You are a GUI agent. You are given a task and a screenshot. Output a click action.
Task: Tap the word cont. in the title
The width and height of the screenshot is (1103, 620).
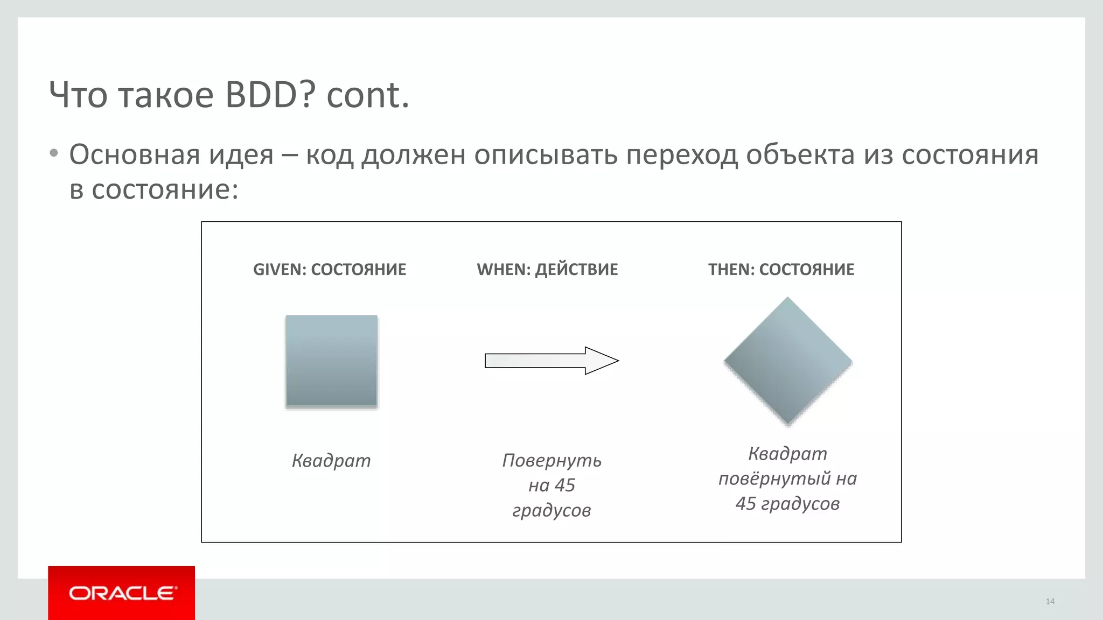coord(368,95)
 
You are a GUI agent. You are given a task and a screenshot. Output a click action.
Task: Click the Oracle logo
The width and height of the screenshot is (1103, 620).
coord(122,593)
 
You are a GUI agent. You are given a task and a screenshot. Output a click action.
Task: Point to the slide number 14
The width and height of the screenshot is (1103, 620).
coord(1050,602)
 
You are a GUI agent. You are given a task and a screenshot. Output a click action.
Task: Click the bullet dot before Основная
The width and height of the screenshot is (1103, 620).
coord(53,154)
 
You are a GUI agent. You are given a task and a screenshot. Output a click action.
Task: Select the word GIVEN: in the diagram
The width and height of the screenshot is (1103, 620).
coord(280,270)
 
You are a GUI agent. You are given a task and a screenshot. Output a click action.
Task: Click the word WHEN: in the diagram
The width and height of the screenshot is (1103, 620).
coord(503,270)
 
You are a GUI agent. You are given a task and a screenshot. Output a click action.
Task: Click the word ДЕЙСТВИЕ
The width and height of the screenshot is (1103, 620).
coord(576,270)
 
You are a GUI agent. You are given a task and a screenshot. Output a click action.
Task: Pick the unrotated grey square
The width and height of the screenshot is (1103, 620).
coord(331,361)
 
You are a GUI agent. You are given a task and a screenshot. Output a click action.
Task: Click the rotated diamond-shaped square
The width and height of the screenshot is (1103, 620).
coord(787,361)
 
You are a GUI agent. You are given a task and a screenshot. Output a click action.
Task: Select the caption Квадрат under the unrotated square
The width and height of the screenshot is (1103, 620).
coord(331,461)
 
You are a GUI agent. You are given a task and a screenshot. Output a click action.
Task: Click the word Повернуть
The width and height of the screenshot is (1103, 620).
coord(551,461)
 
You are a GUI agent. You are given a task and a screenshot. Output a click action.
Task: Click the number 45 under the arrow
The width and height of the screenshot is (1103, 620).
coord(565,485)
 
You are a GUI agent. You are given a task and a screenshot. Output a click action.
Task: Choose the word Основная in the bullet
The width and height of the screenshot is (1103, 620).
coord(135,155)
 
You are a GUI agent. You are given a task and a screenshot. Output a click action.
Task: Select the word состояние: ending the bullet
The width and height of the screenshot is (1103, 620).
coord(165,190)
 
